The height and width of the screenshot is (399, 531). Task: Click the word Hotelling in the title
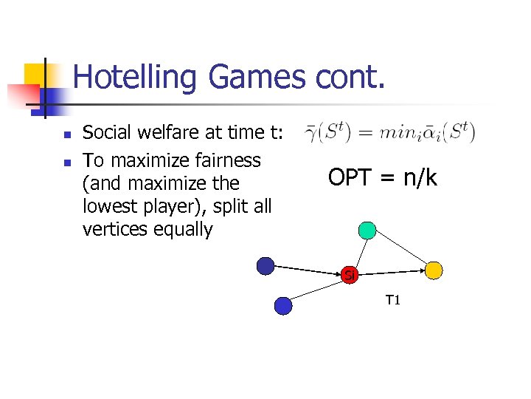[x=136, y=78]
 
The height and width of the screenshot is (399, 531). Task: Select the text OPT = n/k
[x=383, y=177]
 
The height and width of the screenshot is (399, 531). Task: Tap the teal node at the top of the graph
[x=367, y=230]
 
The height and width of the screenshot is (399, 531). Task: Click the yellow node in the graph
[x=434, y=270]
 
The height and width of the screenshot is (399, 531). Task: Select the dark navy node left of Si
[x=265, y=265]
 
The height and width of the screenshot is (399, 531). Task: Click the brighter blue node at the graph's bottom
[x=282, y=304]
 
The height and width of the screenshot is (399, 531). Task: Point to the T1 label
[x=392, y=300]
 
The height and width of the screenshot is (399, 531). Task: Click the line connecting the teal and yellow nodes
[x=402, y=250]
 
